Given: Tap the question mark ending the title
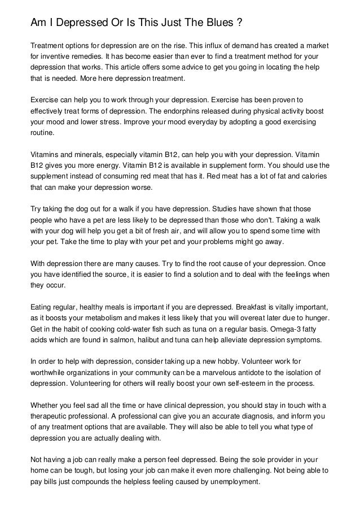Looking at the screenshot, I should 239,23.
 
